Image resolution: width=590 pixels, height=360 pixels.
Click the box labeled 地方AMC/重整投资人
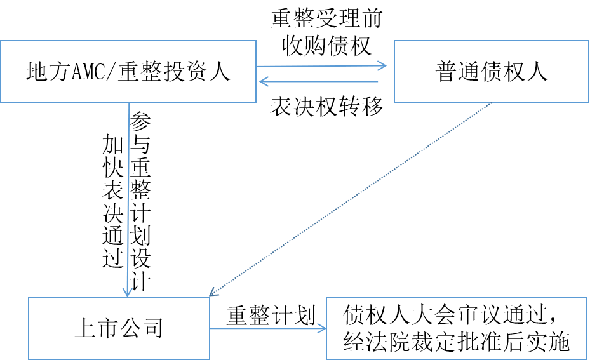tap(128, 72)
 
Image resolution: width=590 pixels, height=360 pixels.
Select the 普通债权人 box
tap(491, 72)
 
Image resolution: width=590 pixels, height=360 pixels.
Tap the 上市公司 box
tap(119, 328)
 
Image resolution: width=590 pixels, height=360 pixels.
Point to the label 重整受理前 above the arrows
tap(326, 18)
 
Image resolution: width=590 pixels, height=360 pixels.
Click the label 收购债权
tap(326, 46)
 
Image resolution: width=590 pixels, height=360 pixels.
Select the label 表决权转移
tap(326, 106)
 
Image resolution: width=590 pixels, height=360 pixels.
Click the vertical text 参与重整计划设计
tap(140, 201)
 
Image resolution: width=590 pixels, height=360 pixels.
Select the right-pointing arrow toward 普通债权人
tap(321, 65)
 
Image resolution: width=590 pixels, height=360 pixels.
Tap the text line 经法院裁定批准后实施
tap(456, 343)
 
